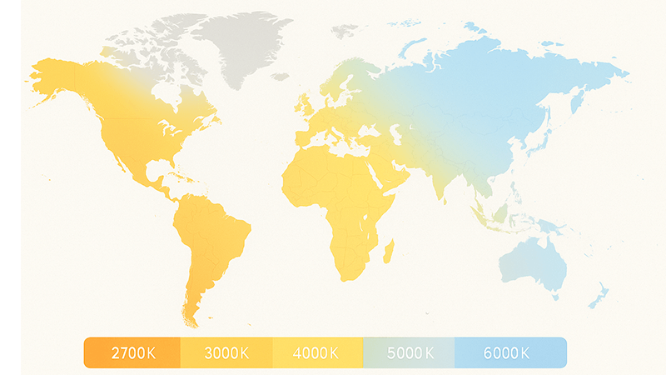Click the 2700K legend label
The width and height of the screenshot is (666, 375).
(x=133, y=352)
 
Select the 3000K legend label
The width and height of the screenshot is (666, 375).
(x=226, y=352)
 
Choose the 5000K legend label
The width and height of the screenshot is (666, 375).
(x=409, y=352)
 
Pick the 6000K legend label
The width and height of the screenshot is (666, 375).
(x=506, y=352)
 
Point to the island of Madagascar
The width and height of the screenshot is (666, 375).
(x=388, y=251)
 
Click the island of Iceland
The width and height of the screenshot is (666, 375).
(x=278, y=77)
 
